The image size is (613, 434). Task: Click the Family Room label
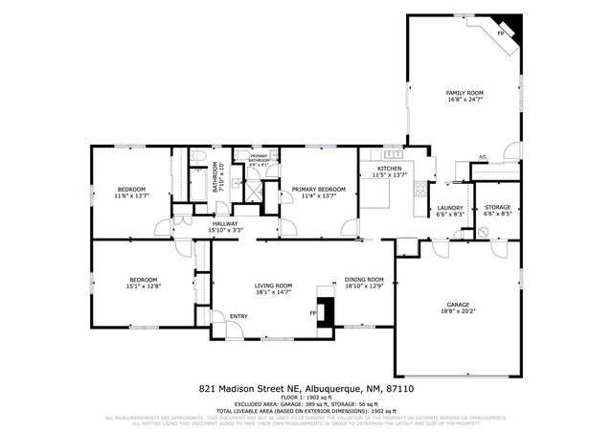point(465,95)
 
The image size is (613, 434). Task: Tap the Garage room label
point(457,307)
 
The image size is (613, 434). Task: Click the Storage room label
point(497,211)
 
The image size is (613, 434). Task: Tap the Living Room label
point(273,289)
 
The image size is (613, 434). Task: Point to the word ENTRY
point(238,316)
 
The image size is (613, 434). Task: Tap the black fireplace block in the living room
point(328,313)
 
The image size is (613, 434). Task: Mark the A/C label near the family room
point(483,157)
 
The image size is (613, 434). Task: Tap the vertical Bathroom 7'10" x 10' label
point(219,179)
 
